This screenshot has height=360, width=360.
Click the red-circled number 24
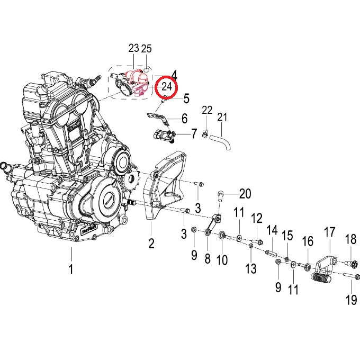coord(167,87)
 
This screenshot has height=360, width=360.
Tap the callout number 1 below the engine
coord(71,269)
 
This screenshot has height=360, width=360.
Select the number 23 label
coord(133,48)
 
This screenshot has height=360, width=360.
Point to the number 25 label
coord(147,48)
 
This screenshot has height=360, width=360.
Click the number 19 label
coord(351,300)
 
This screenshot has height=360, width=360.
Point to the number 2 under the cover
coord(151,244)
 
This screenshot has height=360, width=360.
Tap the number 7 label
coord(194,133)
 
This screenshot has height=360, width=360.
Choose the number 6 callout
coord(184,118)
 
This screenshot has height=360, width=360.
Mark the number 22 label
coord(207,111)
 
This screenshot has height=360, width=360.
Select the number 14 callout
coord(272,230)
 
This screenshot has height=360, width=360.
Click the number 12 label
coord(256,218)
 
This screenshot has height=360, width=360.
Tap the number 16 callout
coord(308,242)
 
